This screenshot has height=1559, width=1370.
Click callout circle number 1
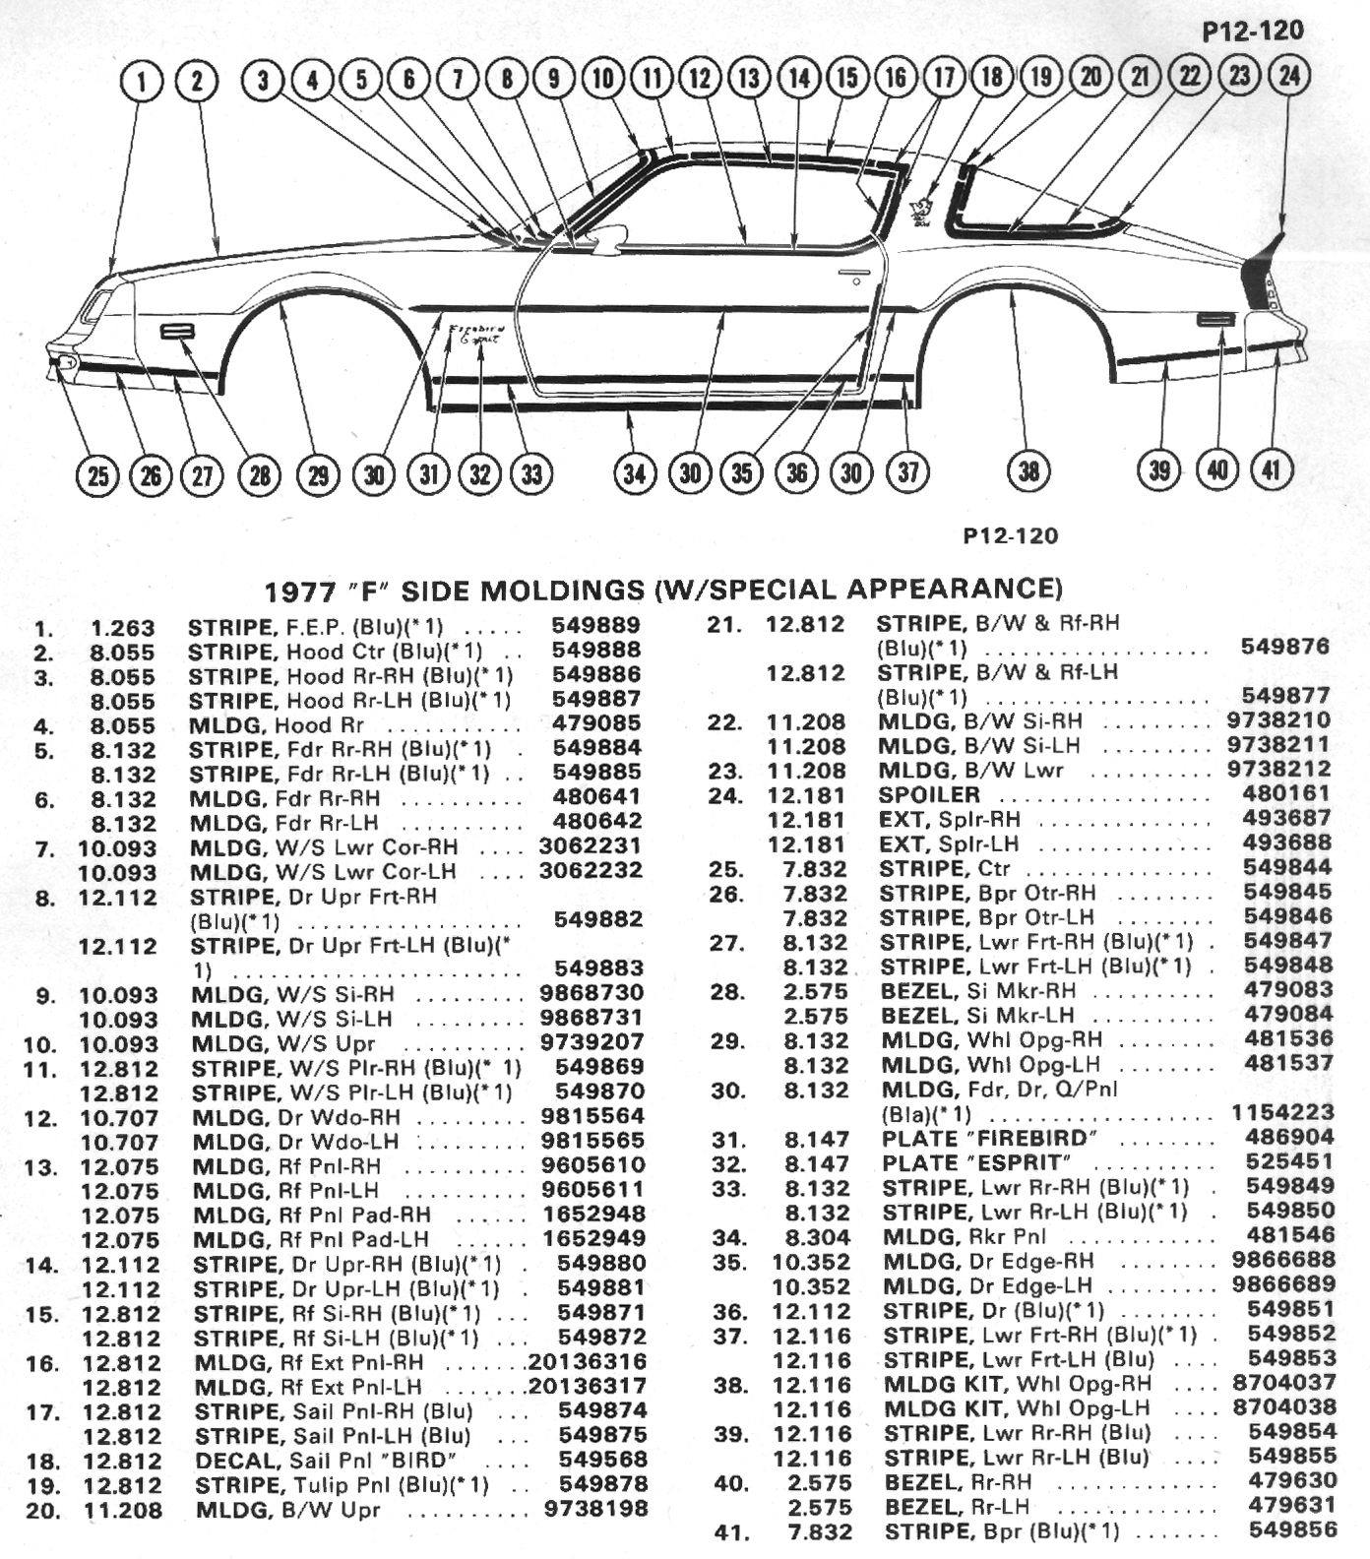[x=143, y=81]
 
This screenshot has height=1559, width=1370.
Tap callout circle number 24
[x=1289, y=76]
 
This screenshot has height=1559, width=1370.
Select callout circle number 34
[x=634, y=473]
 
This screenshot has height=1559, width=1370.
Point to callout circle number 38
[x=1028, y=470]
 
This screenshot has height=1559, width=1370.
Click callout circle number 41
[x=1272, y=469]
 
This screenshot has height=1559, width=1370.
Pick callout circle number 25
[x=97, y=476]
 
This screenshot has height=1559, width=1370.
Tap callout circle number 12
[x=700, y=78]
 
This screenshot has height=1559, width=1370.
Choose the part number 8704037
[x=1283, y=1383]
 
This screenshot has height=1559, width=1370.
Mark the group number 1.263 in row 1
[x=123, y=628]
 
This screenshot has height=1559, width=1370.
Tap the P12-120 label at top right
[x=1253, y=31]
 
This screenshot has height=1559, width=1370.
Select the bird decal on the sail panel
[x=921, y=210]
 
